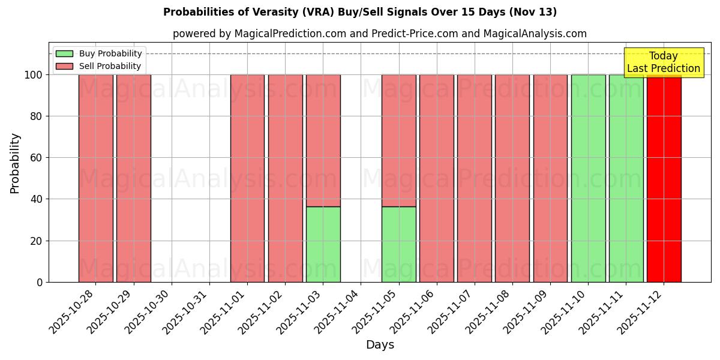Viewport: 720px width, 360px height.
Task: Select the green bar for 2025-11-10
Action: click(588, 178)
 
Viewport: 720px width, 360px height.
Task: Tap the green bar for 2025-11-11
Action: click(626, 178)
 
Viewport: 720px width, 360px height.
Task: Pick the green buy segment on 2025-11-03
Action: click(323, 244)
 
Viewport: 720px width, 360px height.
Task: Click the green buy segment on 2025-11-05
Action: click(398, 244)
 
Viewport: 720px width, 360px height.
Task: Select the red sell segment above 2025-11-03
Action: click(323, 140)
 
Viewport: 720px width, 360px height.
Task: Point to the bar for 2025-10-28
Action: click(95, 178)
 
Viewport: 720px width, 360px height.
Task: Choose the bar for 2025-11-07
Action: click(474, 178)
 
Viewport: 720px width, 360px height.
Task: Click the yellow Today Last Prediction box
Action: click(664, 62)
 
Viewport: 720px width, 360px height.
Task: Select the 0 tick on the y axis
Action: click(39, 282)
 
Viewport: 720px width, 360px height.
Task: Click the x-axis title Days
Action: click(380, 345)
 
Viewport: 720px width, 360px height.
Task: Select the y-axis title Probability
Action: click(15, 163)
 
